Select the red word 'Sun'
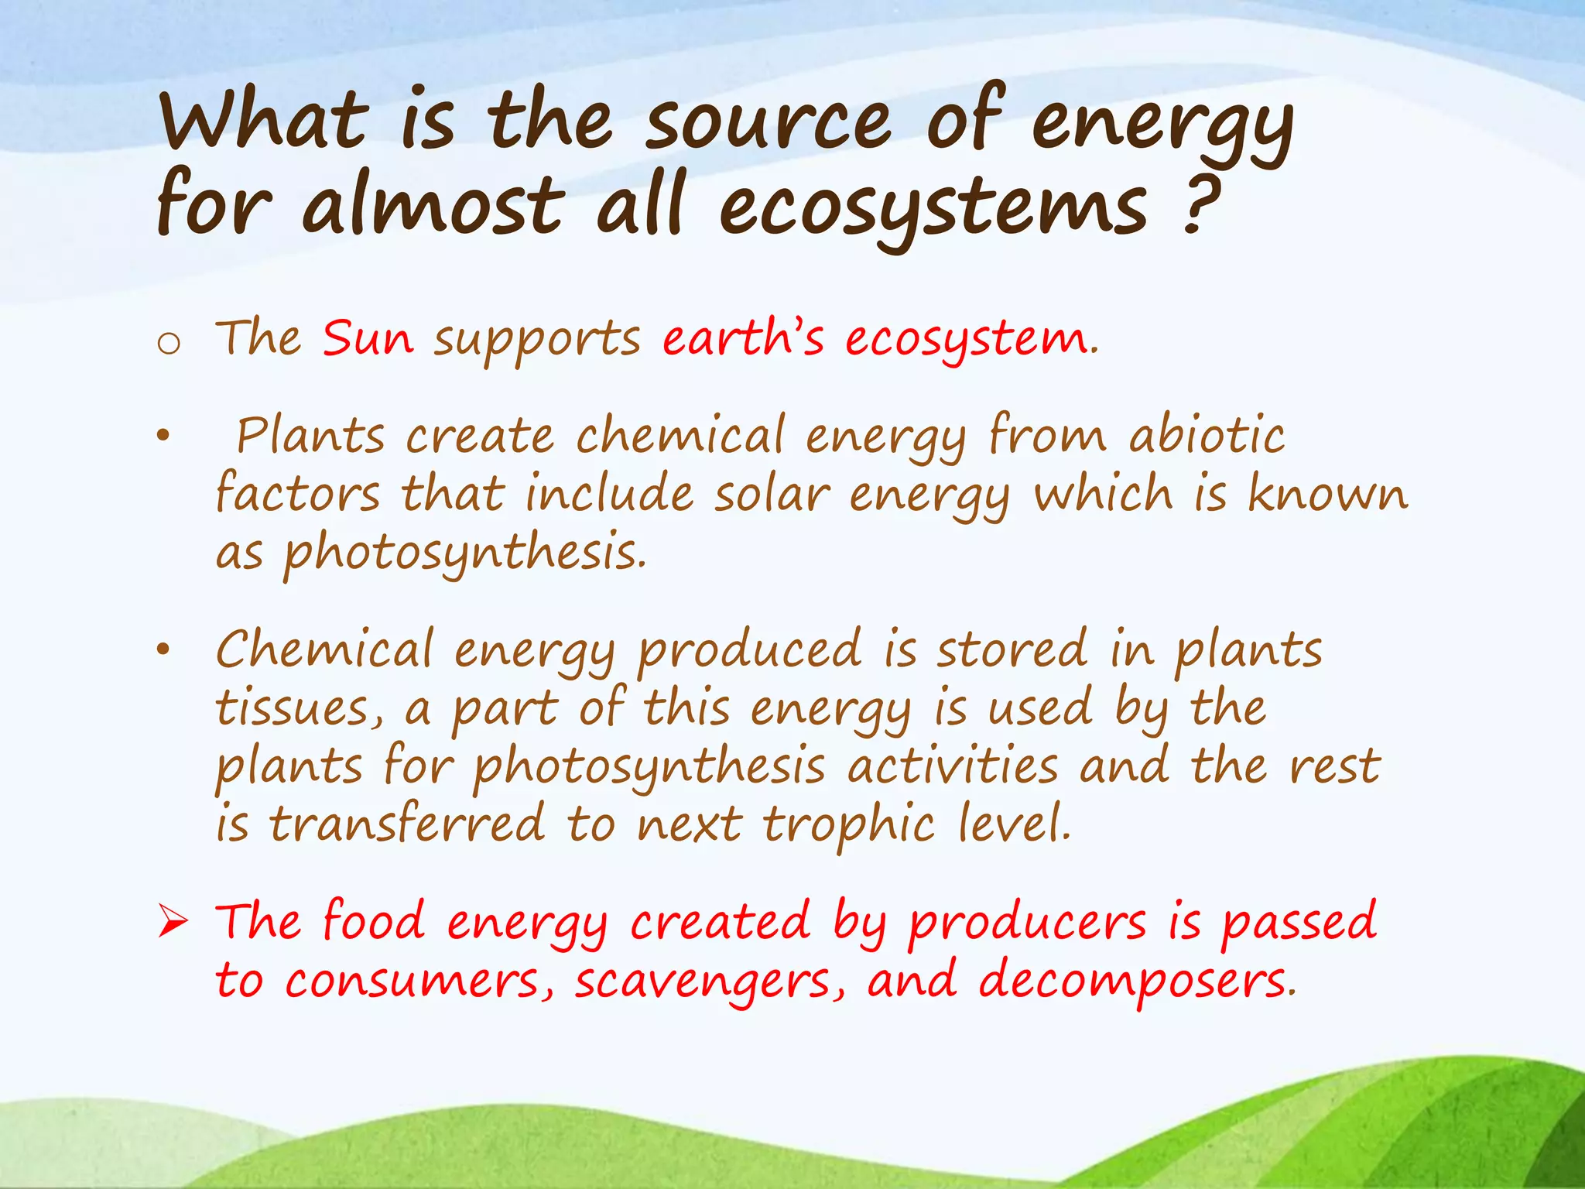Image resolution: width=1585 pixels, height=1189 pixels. pyautogui.click(x=368, y=338)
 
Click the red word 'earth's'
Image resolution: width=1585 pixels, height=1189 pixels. pyautogui.click(x=743, y=338)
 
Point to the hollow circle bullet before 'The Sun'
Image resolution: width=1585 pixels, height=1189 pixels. pyautogui.click(x=168, y=343)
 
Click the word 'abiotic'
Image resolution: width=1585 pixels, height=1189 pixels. pyautogui.click(x=1207, y=435)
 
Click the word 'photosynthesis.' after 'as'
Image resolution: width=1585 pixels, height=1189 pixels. pyautogui.click(x=464, y=554)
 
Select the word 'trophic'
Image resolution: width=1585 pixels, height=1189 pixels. pyautogui.click(x=849, y=824)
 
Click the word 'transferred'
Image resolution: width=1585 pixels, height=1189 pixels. pyautogui.click(x=407, y=824)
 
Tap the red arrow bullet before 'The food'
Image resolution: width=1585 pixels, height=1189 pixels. pyautogui.click(x=172, y=922)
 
